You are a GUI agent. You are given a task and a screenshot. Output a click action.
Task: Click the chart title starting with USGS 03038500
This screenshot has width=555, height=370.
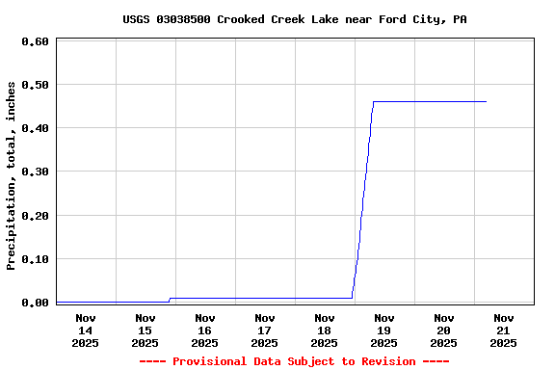click(x=295, y=19)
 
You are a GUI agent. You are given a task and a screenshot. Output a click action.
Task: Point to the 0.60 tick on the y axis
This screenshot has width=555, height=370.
click(x=35, y=41)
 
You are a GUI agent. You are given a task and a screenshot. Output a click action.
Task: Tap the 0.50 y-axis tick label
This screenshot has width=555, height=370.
click(x=35, y=85)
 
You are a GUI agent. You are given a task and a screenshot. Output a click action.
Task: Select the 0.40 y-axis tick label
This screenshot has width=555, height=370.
click(x=35, y=128)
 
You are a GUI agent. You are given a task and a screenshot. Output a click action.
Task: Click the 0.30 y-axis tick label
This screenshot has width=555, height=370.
click(x=35, y=172)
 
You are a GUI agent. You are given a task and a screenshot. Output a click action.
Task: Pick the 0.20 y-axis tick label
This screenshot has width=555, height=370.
click(x=35, y=215)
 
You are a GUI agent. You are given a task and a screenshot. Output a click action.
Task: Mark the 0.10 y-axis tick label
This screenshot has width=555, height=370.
click(x=35, y=259)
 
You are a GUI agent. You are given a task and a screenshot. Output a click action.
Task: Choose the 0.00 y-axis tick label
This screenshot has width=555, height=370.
click(x=35, y=303)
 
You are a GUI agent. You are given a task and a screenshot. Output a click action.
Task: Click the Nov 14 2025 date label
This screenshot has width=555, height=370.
click(x=86, y=330)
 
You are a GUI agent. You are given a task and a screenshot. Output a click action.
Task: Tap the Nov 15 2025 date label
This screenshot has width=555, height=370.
click(x=145, y=330)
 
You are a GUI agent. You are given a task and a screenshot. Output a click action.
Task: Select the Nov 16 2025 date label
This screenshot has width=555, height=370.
click(x=205, y=330)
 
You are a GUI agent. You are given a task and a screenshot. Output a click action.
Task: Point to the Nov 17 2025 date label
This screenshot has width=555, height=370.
click(x=265, y=330)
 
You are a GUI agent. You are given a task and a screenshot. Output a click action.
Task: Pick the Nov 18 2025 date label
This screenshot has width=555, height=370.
click(x=325, y=330)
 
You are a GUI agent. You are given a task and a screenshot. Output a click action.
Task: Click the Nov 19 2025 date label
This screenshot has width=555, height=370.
click(x=384, y=330)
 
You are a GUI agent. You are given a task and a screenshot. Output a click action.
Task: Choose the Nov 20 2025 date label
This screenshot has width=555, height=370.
click(x=444, y=330)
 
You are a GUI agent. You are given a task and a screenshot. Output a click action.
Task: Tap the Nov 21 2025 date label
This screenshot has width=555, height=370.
click(x=503, y=330)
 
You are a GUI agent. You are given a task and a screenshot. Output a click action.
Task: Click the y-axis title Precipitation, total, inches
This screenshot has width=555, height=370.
click(x=12, y=175)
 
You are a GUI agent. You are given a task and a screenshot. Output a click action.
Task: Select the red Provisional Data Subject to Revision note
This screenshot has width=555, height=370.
click(x=295, y=361)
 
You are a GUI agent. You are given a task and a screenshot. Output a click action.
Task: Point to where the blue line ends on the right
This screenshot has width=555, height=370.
click(x=486, y=101)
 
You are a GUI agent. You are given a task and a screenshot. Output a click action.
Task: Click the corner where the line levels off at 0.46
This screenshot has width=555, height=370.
click(x=374, y=101)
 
